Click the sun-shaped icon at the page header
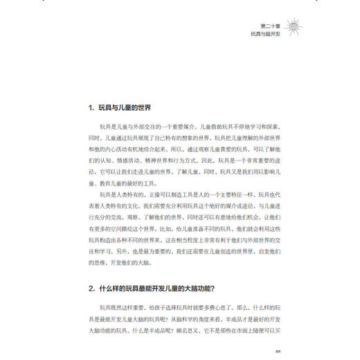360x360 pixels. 295,26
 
